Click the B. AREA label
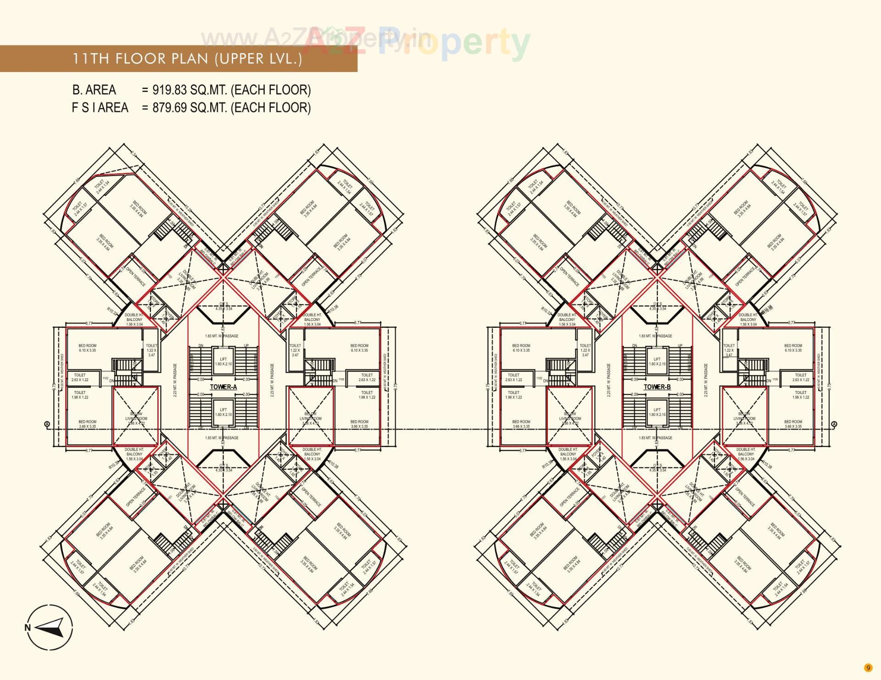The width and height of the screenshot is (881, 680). coord(94,90)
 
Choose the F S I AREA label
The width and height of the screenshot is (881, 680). coord(100,108)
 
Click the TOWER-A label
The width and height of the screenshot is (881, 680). coord(223,387)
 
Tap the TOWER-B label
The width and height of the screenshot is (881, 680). coord(657,387)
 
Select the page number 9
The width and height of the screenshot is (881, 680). coord(867,668)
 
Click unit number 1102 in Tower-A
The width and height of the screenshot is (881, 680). coord(106,378)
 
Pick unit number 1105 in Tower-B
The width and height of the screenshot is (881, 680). coord(775,379)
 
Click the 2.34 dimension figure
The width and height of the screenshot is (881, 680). coord(134,155)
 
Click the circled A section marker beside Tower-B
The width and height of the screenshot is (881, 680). coord(834,424)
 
